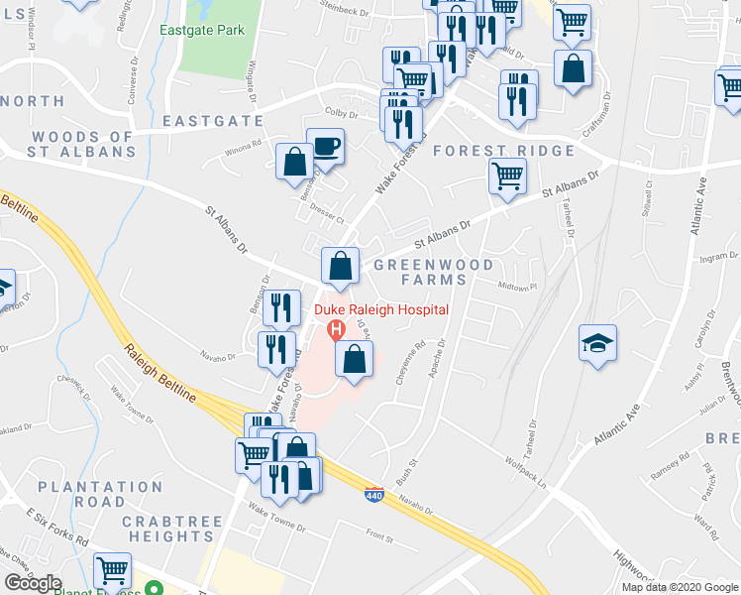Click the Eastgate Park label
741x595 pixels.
click(202, 31)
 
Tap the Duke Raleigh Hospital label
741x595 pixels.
click(381, 310)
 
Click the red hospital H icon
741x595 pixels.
click(336, 328)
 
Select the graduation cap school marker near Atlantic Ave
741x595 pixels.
click(597, 343)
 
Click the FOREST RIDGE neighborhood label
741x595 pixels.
click(503, 151)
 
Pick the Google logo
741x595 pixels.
click(34, 583)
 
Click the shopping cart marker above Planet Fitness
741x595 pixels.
click(113, 571)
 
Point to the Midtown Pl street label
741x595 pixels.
click(516, 288)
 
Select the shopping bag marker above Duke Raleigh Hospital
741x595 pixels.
click(340, 266)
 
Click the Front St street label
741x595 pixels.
click(379, 538)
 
